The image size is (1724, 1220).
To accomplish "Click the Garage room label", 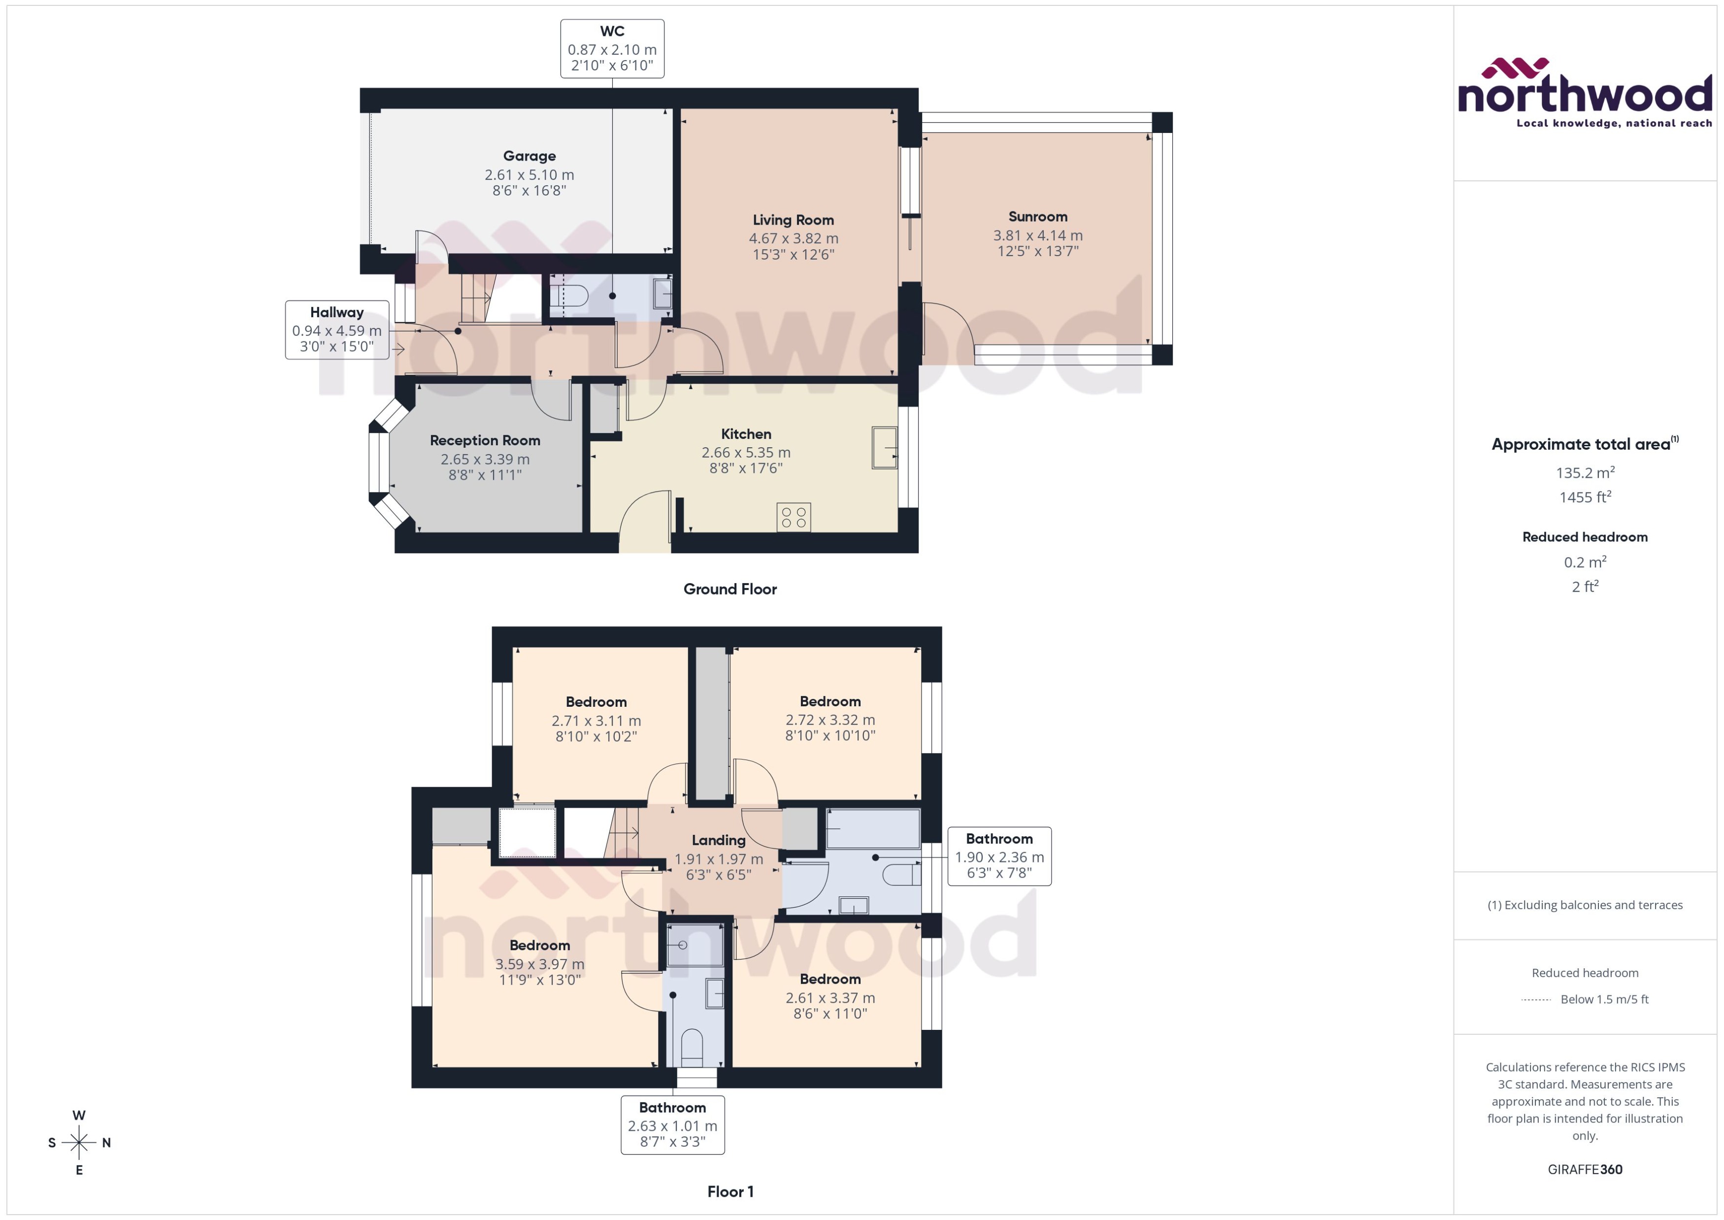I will (x=529, y=156).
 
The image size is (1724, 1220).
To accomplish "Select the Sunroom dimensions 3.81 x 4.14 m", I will (x=1037, y=235).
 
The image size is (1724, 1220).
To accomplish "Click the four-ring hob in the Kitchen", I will (x=793, y=517).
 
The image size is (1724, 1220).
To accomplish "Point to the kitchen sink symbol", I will (x=884, y=448).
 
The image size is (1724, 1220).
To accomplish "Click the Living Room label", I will (x=793, y=220).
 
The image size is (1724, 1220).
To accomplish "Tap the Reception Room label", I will (x=485, y=440).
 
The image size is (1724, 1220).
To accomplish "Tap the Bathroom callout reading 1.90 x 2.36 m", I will (x=998, y=857).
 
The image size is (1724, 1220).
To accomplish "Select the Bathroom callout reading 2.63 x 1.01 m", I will (x=672, y=1124).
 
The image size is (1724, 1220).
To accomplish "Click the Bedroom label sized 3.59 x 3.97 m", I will (x=539, y=945).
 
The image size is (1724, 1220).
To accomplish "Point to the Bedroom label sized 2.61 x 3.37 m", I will (x=829, y=979).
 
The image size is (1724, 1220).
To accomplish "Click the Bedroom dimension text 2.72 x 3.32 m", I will (x=830, y=720).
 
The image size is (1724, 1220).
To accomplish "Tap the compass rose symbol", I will (x=79, y=1143).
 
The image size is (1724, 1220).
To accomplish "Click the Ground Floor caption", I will (x=729, y=589).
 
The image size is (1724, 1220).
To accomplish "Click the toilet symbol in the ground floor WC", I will (x=570, y=296).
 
